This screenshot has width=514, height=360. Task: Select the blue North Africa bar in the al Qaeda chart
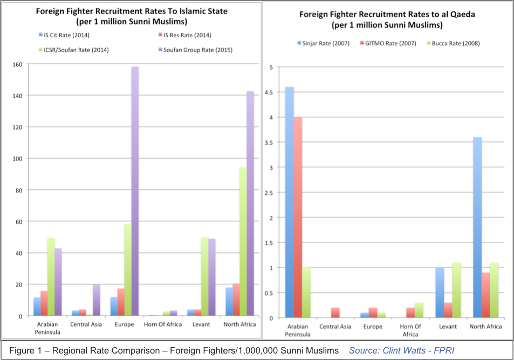[477, 227]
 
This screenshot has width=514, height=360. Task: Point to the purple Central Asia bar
[97, 300]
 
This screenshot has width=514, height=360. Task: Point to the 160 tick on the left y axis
[18, 64]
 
